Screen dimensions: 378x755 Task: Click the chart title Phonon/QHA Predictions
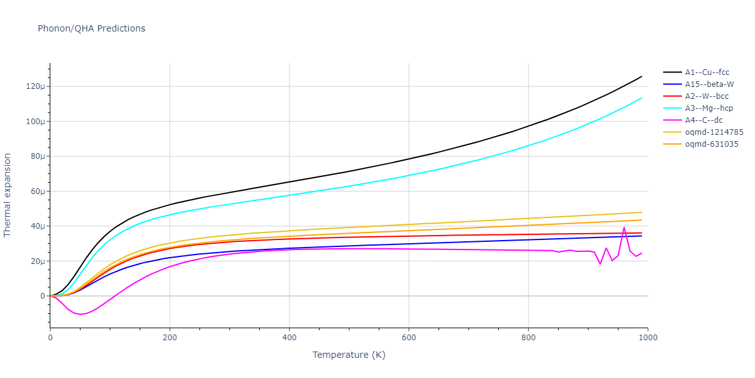coord(91,28)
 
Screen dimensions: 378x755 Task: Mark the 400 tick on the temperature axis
coord(289,338)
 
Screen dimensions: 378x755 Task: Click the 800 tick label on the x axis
coord(528,338)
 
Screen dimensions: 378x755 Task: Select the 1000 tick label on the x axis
coord(648,338)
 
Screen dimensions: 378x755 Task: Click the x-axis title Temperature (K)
coord(349,355)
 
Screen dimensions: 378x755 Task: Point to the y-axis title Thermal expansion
coord(8,195)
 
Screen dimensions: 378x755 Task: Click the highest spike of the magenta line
coord(624,227)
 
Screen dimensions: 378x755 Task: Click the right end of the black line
coord(642,76)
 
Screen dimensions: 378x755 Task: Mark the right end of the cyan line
coord(642,98)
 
